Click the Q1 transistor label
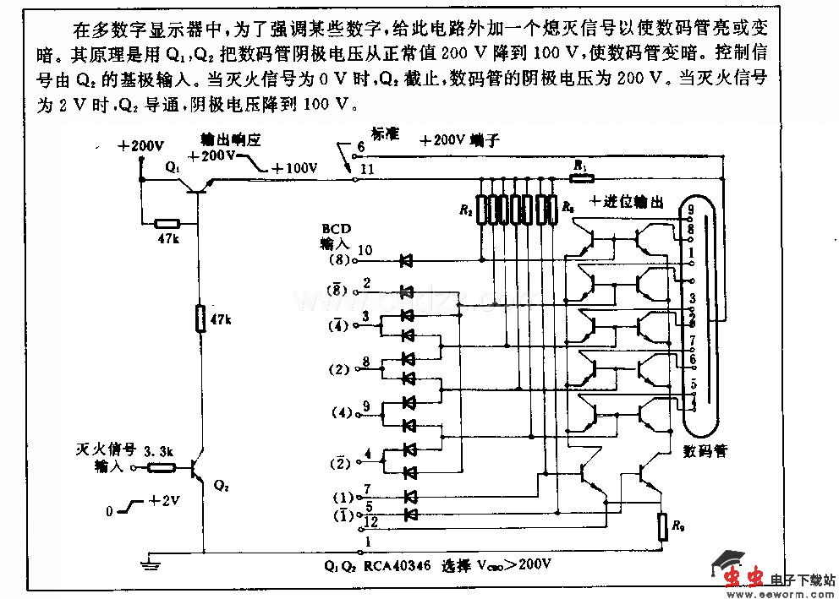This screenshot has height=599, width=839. click(173, 168)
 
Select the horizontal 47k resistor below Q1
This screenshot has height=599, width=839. click(167, 224)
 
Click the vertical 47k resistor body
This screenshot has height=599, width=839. click(200, 319)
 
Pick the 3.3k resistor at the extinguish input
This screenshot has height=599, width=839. click(161, 467)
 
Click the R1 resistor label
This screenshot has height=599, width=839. click(579, 165)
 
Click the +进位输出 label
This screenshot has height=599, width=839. click(627, 202)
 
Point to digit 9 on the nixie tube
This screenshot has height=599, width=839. click(691, 208)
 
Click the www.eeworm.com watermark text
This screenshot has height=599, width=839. click(777, 592)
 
